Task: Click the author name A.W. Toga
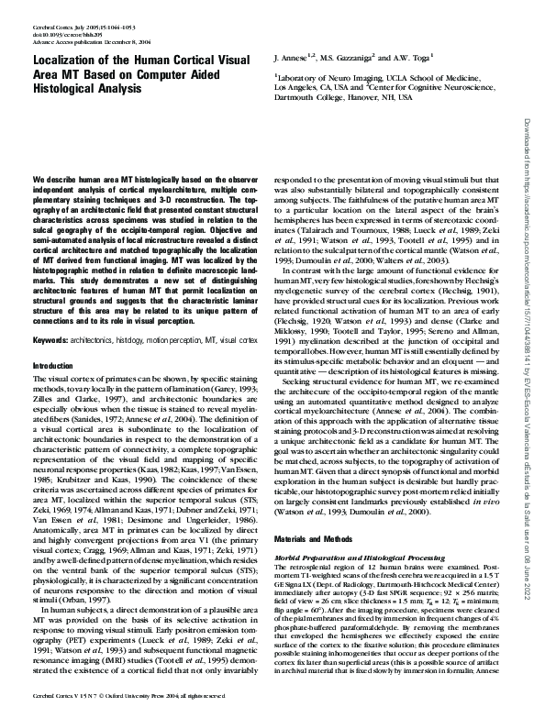418,57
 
